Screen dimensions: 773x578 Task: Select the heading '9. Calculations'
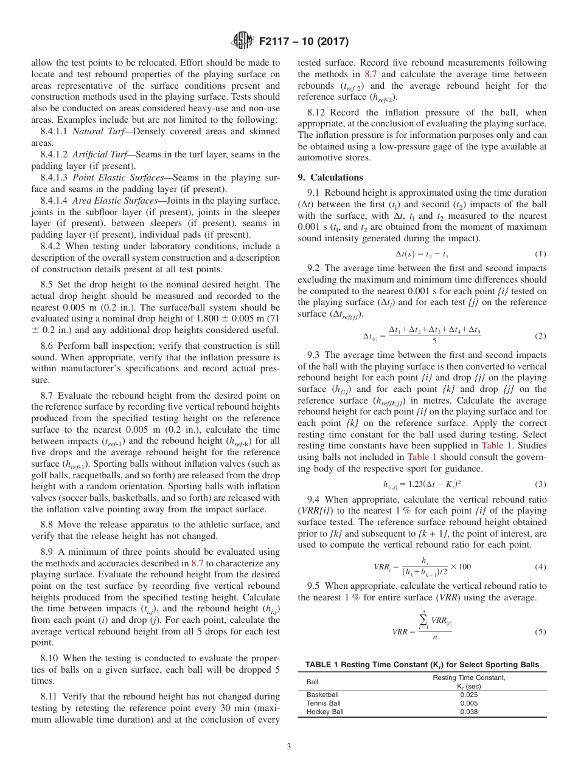click(330, 177)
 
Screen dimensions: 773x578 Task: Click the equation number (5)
click(540, 631)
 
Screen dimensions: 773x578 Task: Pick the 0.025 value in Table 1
click(468, 694)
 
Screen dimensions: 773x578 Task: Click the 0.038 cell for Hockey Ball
click(468, 712)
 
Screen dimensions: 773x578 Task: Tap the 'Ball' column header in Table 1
click(312, 681)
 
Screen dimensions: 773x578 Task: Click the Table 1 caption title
click(422, 665)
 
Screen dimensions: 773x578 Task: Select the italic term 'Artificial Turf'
click(100, 154)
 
